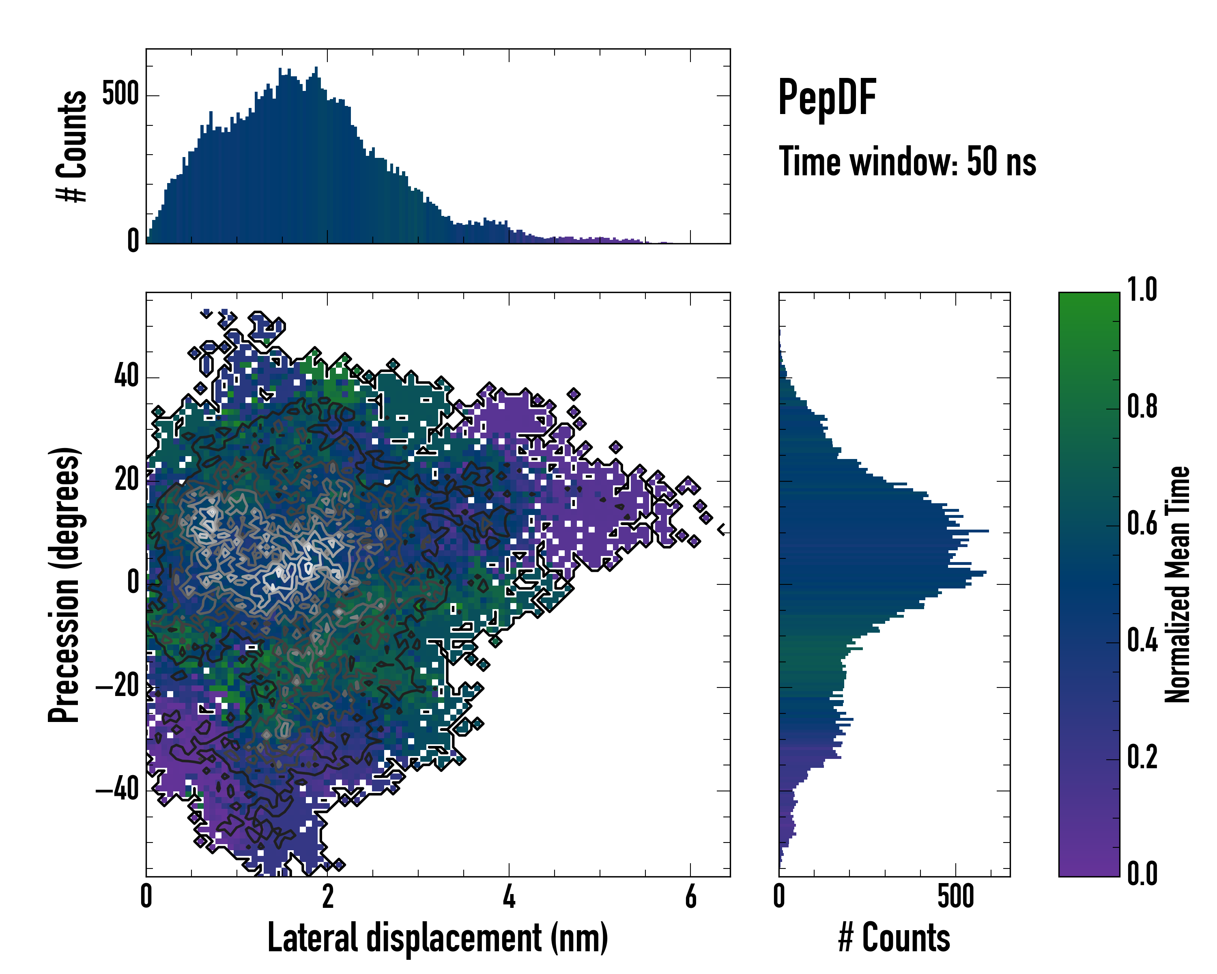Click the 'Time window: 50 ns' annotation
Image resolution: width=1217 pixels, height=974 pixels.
pyautogui.click(x=907, y=162)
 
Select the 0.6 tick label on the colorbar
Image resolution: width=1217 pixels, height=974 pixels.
pyautogui.click(x=1142, y=524)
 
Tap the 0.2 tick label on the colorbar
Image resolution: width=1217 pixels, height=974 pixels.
pyautogui.click(x=1142, y=757)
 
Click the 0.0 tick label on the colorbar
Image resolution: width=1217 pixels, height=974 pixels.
pyautogui.click(x=1142, y=874)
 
